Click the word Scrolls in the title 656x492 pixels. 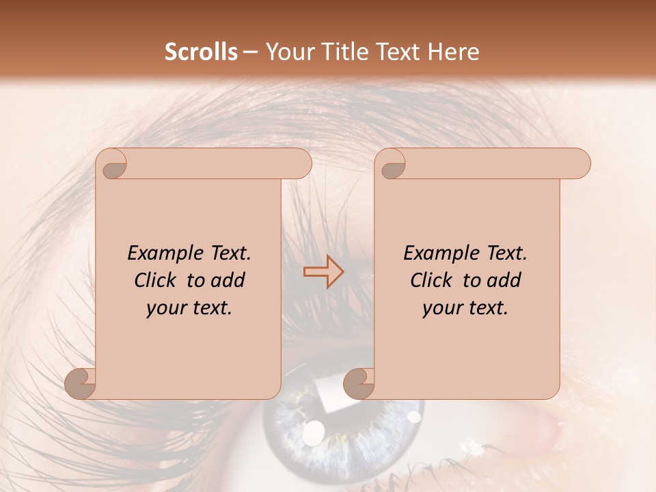202,52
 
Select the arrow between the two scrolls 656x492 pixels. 324,272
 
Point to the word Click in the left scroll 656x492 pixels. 156,280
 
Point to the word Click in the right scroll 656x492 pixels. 433,280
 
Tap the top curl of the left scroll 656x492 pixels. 113,165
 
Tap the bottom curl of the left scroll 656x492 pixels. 81,383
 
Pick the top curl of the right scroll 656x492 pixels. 392,165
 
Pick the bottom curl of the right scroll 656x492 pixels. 359,383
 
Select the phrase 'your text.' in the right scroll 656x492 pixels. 465,308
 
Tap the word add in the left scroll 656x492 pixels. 228,280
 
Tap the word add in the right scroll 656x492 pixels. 504,280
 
